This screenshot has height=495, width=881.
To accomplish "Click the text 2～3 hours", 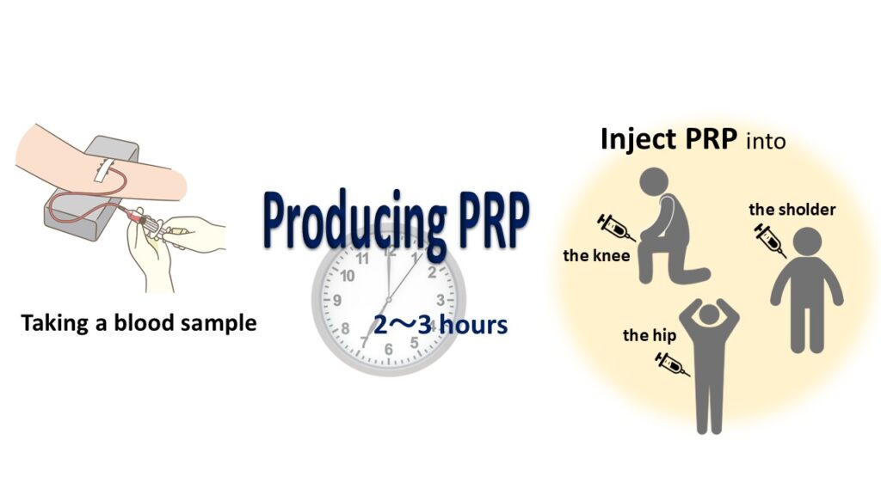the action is pyautogui.click(x=440, y=325).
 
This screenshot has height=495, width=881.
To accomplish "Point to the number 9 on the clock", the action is pyautogui.click(x=337, y=300).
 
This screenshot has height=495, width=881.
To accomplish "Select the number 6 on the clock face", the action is pyautogui.click(x=389, y=349).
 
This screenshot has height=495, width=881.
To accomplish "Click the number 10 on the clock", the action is pyautogui.click(x=348, y=276).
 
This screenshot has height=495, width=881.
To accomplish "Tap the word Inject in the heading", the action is pyautogui.click(x=638, y=139).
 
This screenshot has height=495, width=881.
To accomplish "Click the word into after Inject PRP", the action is pyautogui.click(x=766, y=141).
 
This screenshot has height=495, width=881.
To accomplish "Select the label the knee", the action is pyautogui.click(x=596, y=256).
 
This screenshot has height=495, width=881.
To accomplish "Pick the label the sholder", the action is pyautogui.click(x=792, y=210).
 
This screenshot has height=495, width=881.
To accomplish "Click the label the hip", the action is pyautogui.click(x=650, y=336).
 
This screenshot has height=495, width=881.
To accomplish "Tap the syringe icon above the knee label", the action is pyautogui.click(x=616, y=227).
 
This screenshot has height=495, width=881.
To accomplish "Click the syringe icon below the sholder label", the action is pyautogui.click(x=770, y=240).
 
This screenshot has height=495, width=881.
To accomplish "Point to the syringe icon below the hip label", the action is pyautogui.click(x=673, y=364).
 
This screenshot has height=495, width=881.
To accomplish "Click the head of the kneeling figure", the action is pyautogui.click(x=654, y=182).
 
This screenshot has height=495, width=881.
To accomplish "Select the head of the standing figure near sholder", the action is pyautogui.click(x=807, y=241).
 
